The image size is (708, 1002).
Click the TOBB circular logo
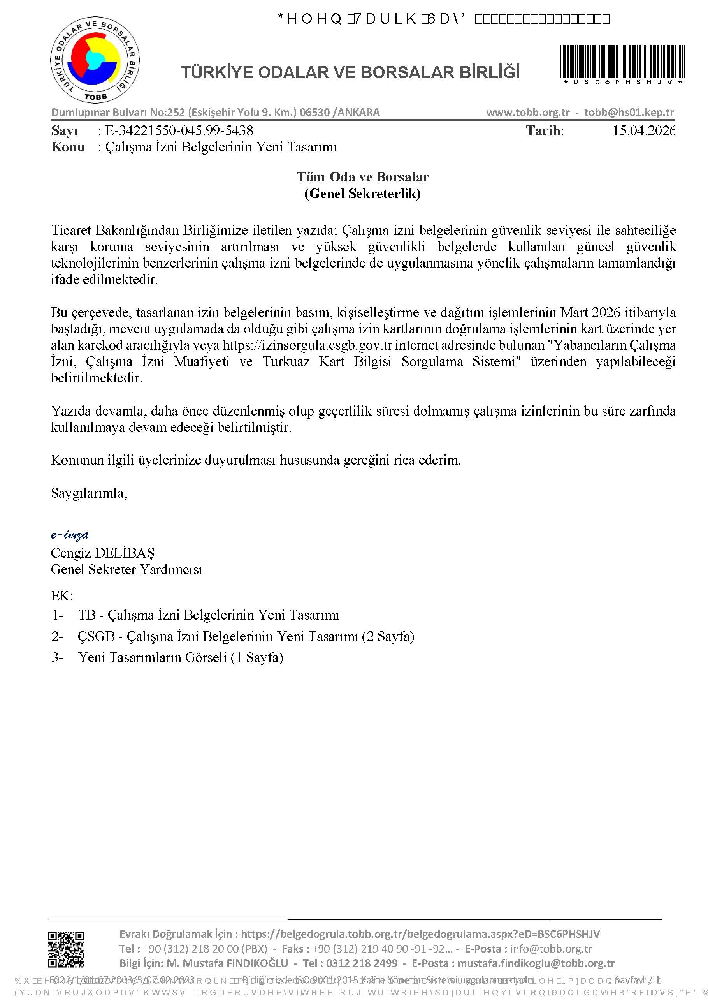95,60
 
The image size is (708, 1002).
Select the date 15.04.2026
644,130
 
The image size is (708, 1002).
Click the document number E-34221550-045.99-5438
179,130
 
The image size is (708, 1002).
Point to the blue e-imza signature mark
70,535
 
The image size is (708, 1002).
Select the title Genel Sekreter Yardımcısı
126,569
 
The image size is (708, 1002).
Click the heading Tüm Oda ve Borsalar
362,177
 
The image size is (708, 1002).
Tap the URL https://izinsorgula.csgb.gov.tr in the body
307,345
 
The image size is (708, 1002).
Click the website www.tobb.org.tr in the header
528,112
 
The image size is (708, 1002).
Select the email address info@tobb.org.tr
551,949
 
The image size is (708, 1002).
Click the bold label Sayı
65,130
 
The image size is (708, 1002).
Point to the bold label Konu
68,147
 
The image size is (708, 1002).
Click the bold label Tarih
545,130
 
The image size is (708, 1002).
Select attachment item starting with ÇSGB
246,636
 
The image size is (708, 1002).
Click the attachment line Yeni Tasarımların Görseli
181,657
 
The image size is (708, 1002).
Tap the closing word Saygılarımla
89,493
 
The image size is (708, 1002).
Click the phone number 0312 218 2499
362,963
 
